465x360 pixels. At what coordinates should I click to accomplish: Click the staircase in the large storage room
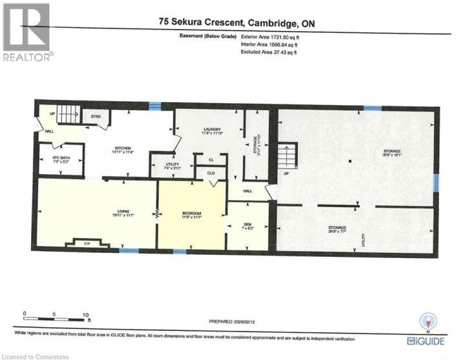coord(287,157)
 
